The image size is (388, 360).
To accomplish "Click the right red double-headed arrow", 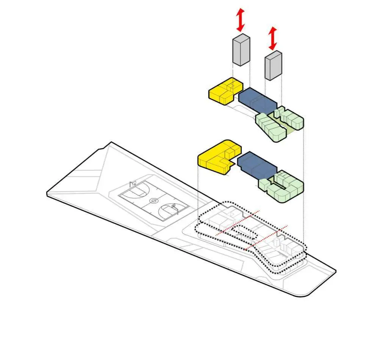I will (272, 38).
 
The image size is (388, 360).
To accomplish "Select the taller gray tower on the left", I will (241, 49).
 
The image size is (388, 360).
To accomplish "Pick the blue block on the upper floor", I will (258, 100).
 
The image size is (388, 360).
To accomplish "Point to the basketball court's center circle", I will (153, 201).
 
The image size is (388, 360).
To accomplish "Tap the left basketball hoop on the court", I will (133, 184).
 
